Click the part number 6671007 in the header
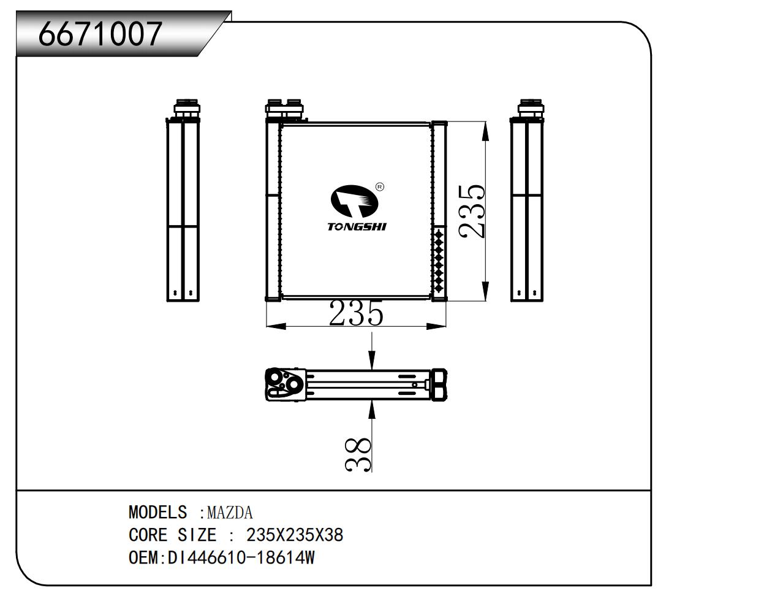pos(100,34)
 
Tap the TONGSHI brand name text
pos(357,227)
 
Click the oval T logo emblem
pos(354,201)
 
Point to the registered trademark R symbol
pos(379,187)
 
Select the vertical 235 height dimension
pos(472,211)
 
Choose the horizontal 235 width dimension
pos(356,313)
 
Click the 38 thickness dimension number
pos(358,455)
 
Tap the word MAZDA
pos(230,513)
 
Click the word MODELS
pos(157,512)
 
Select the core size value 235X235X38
pos(295,535)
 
